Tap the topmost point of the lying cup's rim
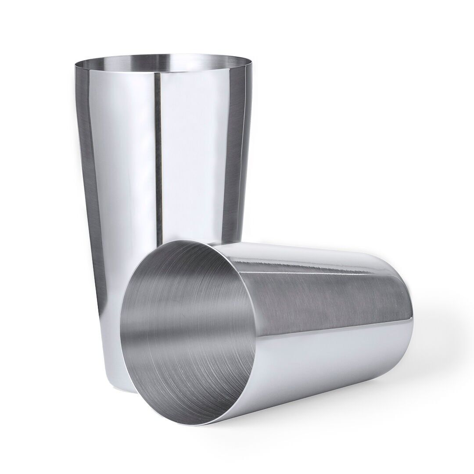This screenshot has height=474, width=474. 189,241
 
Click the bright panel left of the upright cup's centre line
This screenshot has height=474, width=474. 123,176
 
